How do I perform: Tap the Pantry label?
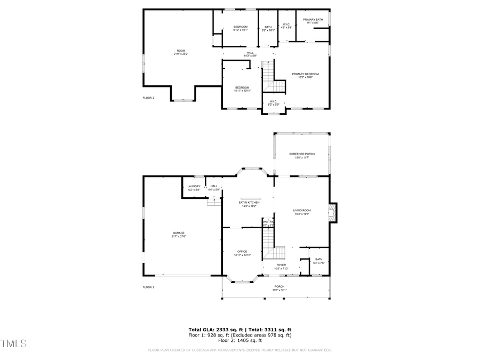pos(268,223)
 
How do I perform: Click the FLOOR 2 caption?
pos(148,98)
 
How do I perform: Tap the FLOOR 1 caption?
pos(148,287)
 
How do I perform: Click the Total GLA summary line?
pos(239,330)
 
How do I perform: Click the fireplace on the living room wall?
pos(333,212)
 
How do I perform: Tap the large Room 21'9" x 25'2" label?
pos(180,52)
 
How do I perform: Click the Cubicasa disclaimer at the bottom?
pos(239,350)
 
